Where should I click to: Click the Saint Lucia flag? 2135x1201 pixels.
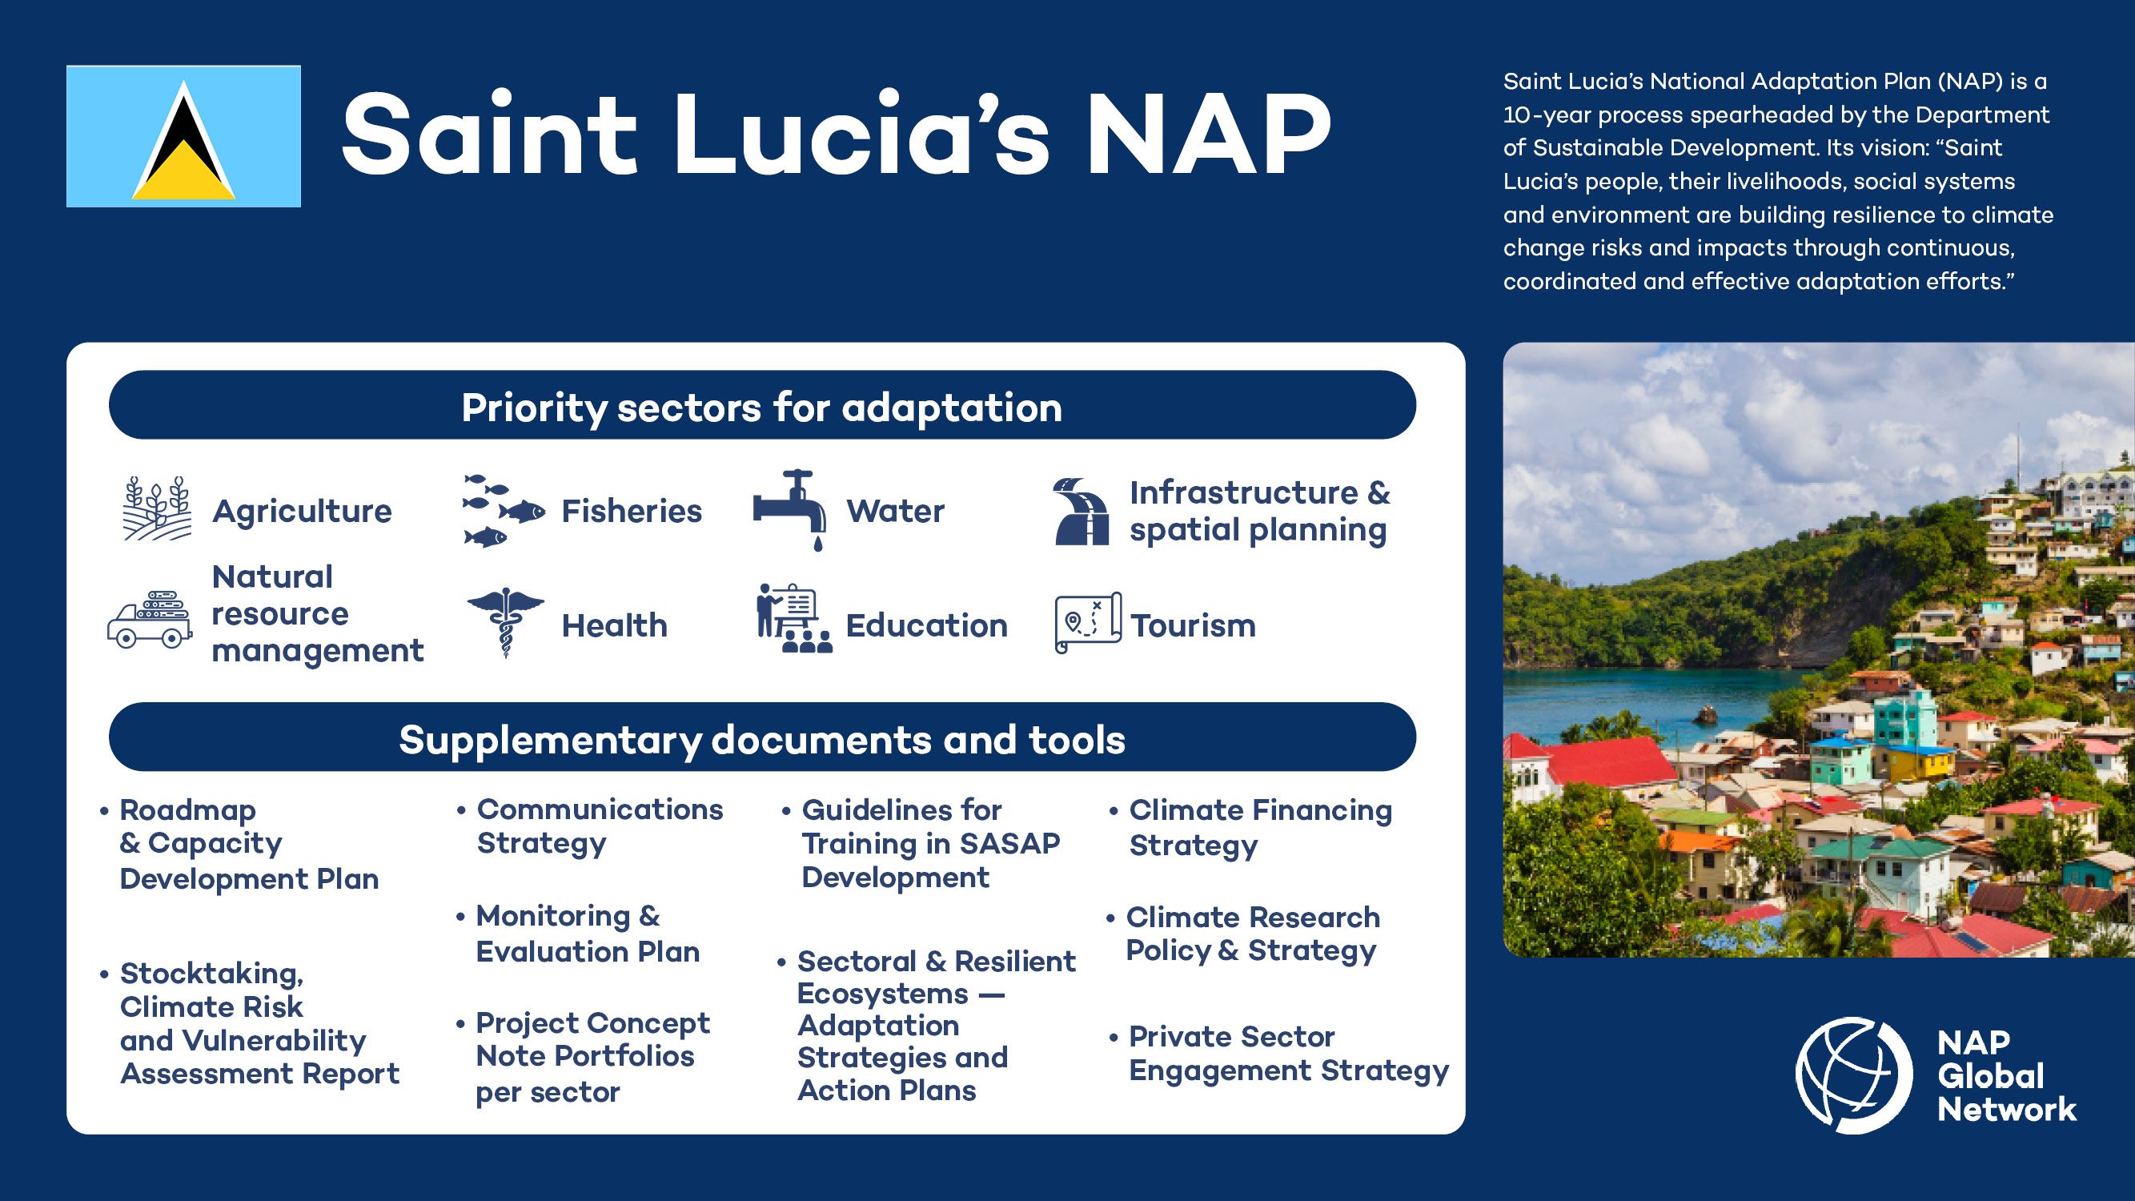click(x=183, y=136)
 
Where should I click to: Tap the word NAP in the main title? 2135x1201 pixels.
click(x=1210, y=135)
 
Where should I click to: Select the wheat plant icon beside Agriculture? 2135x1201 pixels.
click(x=158, y=508)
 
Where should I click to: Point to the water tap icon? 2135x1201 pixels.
click(x=790, y=509)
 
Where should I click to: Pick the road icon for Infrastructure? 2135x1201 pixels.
click(x=1081, y=511)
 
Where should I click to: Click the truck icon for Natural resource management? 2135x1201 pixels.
click(x=150, y=619)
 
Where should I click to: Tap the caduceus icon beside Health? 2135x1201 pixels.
click(x=506, y=622)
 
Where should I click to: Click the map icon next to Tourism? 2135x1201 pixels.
click(x=1088, y=622)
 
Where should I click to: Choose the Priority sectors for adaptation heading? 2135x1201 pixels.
click(x=761, y=406)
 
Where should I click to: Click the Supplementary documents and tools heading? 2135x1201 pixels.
click(x=761, y=738)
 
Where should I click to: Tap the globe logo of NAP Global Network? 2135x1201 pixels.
click(x=1853, y=1075)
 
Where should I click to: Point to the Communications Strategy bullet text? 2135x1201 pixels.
click(x=600, y=826)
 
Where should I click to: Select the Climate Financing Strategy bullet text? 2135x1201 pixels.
click(x=1260, y=827)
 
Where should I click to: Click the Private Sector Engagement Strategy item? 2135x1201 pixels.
click(x=1288, y=1054)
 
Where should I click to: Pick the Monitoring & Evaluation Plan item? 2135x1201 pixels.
click(x=588, y=934)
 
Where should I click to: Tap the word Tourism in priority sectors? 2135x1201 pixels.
click(x=1194, y=625)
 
